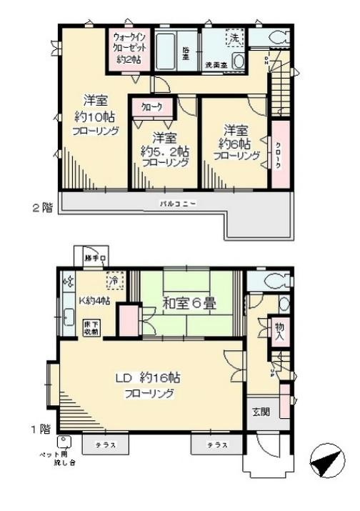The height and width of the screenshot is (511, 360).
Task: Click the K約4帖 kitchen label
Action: pyautogui.click(x=92, y=299)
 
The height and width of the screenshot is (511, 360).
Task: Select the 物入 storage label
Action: pyautogui.click(x=278, y=331)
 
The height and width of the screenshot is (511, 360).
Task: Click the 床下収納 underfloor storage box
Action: pyautogui.click(x=91, y=327)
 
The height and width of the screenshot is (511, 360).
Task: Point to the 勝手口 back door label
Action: pyautogui.click(x=94, y=258)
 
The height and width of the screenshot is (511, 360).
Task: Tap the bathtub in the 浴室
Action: pyautogui.click(x=170, y=50)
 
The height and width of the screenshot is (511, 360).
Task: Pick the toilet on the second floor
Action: pyautogui.click(x=275, y=38)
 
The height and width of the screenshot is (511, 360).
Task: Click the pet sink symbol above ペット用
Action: pyautogui.click(x=65, y=442)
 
